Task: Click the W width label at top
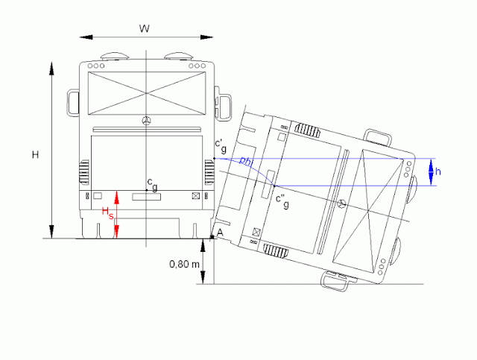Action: [145, 28]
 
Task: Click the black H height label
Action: [36, 155]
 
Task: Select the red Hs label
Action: [107, 212]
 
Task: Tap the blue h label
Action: [438, 171]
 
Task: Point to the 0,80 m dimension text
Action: [184, 264]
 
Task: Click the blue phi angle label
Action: [247, 161]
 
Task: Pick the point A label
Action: [220, 233]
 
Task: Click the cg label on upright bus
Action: [152, 185]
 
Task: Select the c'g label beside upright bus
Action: [221, 145]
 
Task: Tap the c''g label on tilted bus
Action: [282, 201]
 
